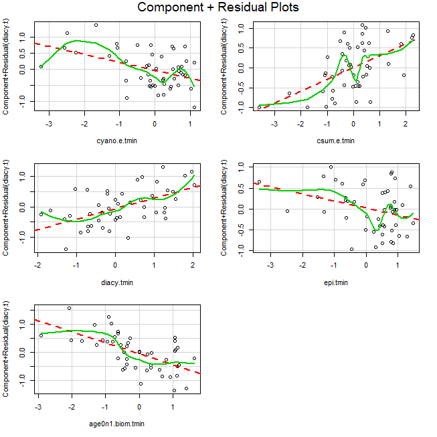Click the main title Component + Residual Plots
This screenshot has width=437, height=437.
pos(218,8)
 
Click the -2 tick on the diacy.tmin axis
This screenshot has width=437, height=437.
pos(37,265)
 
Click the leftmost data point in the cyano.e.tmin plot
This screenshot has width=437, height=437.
pos(41,66)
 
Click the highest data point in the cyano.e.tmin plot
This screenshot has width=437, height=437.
pos(96,25)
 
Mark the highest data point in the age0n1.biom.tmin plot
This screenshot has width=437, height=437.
pos(69,308)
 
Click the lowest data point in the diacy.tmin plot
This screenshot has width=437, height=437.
pos(66,249)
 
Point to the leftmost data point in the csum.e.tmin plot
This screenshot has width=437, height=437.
pos(259,107)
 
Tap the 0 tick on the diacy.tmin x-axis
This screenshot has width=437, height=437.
pos(115,265)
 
